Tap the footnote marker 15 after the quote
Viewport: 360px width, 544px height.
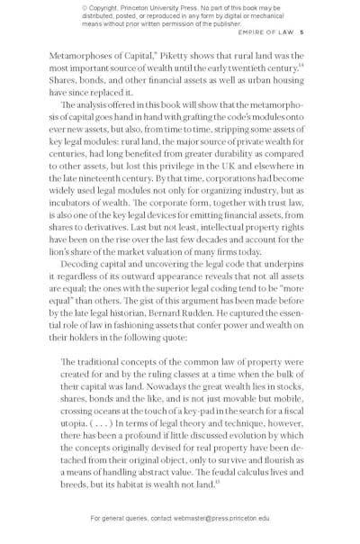[x=217, y=482]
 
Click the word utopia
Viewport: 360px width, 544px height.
[x=76, y=423]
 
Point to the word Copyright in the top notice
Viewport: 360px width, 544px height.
[x=105, y=8]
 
